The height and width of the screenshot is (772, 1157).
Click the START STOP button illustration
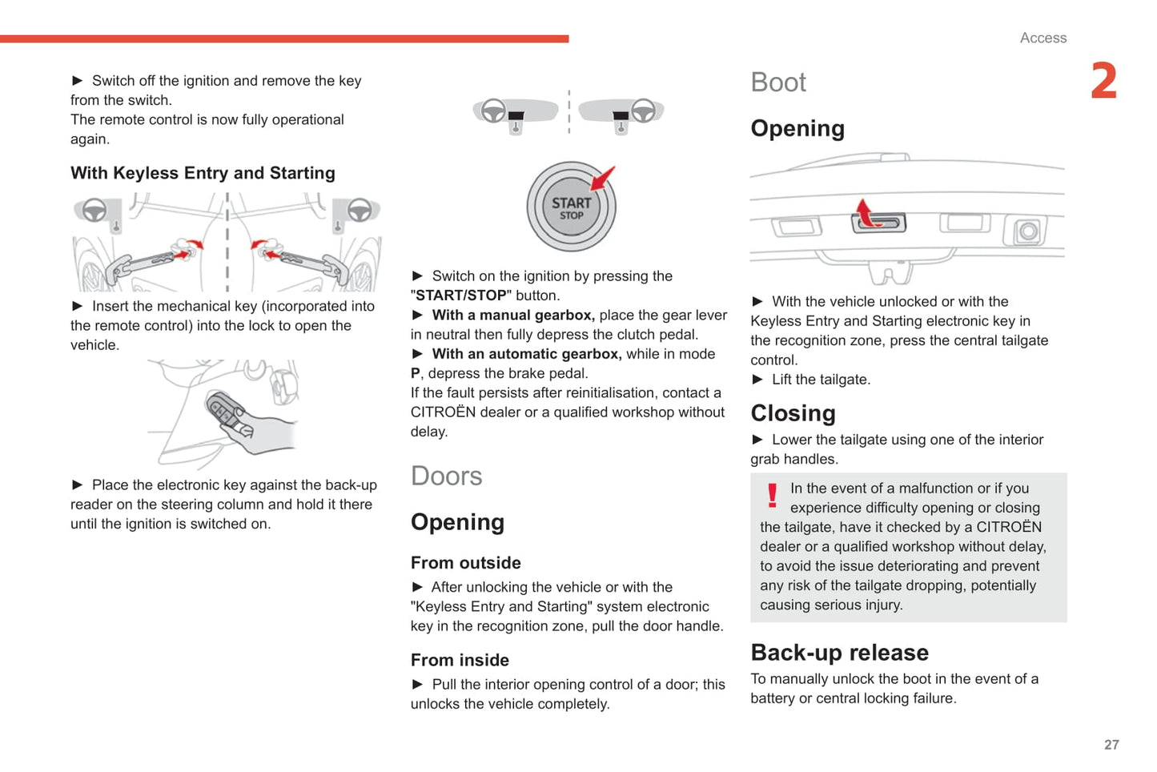[571, 207]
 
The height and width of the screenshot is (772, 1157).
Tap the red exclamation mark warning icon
[772, 496]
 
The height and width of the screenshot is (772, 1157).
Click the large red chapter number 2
[1104, 82]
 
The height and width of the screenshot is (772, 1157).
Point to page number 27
[1111, 745]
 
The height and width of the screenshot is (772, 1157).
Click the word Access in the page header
[1043, 38]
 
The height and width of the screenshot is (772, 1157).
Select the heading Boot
[777, 82]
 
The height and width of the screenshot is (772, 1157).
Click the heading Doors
[446, 476]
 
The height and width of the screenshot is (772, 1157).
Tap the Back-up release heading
[839, 653]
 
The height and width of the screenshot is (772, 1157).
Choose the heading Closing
[793, 413]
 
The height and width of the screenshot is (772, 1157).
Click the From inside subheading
[460, 660]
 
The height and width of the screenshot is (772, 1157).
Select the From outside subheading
[465, 563]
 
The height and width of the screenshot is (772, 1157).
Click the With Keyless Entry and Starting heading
[203, 173]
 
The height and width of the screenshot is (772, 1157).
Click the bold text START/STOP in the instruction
[460, 296]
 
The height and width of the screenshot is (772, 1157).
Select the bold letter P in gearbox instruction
[416, 373]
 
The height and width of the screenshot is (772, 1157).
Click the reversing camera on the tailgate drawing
[1028, 232]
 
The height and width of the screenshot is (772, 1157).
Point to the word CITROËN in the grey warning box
[1009, 527]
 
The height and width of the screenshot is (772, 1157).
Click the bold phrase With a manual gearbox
[513, 315]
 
